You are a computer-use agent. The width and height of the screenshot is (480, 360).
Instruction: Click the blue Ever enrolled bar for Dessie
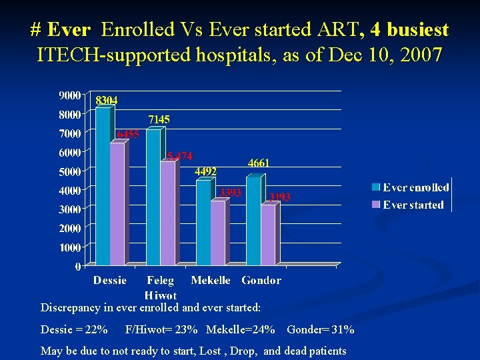pos(103,187)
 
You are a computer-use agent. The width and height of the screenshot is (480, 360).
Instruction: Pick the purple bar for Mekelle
pos(217,233)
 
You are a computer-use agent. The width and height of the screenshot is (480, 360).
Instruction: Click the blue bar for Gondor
pos(253,220)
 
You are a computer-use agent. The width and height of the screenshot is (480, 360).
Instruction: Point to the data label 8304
pos(107,100)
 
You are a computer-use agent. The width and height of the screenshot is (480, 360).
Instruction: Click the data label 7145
pos(159,119)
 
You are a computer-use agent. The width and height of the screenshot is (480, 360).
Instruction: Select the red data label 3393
pos(230,193)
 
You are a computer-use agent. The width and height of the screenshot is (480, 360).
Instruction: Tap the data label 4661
pos(259,163)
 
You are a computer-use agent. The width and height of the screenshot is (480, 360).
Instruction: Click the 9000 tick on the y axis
pos(70,95)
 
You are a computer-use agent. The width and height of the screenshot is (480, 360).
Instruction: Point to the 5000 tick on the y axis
pos(70,171)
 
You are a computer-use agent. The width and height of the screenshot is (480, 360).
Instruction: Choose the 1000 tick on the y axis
pos(70,247)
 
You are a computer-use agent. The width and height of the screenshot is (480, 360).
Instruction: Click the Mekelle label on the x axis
pos(211,281)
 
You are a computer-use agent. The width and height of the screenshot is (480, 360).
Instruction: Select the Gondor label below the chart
pos(261,281)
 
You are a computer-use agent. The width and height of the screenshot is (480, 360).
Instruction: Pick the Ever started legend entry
pos(413,205)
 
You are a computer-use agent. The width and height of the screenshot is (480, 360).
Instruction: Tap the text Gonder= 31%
pos(321,330)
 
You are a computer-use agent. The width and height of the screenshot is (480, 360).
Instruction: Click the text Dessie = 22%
pos(74,330)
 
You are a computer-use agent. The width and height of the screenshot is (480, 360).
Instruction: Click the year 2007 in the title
pos(420,54)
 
